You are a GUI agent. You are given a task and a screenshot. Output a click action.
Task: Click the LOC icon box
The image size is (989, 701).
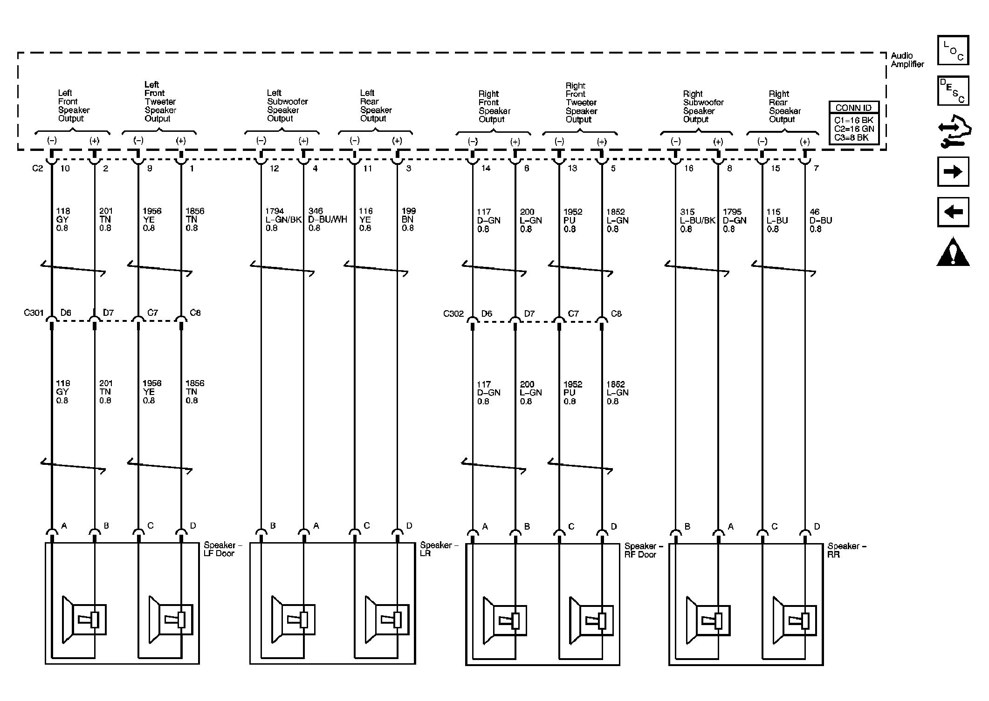click(x=953, y=50)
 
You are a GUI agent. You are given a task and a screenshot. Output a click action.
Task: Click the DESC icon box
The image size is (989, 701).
click(x=953, y=90)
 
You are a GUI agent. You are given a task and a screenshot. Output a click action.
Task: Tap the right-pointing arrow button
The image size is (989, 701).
click(x=953, y=172)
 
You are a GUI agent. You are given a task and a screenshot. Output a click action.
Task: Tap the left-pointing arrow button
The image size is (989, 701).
click(x=953, y=212)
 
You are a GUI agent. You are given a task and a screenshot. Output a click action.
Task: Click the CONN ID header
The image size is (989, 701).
click(x=853, y=108)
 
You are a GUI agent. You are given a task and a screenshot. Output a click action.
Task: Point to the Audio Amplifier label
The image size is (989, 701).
click(x=907, y=60)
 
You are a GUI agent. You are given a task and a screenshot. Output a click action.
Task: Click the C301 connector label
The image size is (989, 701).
click(x=34, y=313)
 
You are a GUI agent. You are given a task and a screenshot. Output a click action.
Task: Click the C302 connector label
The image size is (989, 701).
click(x=453, y=313)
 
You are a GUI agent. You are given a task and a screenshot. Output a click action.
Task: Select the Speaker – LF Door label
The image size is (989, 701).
click(x=223, y=549)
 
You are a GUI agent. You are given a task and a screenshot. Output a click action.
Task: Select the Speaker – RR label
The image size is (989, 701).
click(x=846, y=550)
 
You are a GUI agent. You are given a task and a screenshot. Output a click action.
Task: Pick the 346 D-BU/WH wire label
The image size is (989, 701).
click(x=327, y=219)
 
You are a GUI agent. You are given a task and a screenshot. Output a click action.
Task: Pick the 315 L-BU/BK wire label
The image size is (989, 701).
click(x=697, y=220)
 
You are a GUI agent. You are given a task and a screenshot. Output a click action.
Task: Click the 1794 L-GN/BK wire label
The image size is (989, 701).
click(x=283, y=219)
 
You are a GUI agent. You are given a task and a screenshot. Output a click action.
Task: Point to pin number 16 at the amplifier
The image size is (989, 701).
click(x=688, y=168)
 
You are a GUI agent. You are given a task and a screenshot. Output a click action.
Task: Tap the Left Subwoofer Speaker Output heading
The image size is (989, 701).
click(x=287, y=106)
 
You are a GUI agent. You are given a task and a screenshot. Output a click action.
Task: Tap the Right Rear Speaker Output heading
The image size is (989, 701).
click(x=784, y=107)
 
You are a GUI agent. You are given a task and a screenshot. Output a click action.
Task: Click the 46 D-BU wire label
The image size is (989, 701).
click(x=820, y=220)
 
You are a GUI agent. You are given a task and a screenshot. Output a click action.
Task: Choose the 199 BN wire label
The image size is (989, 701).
click(x=408, y=219)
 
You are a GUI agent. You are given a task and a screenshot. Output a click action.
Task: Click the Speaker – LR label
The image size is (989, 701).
click(x=439, y=549)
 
